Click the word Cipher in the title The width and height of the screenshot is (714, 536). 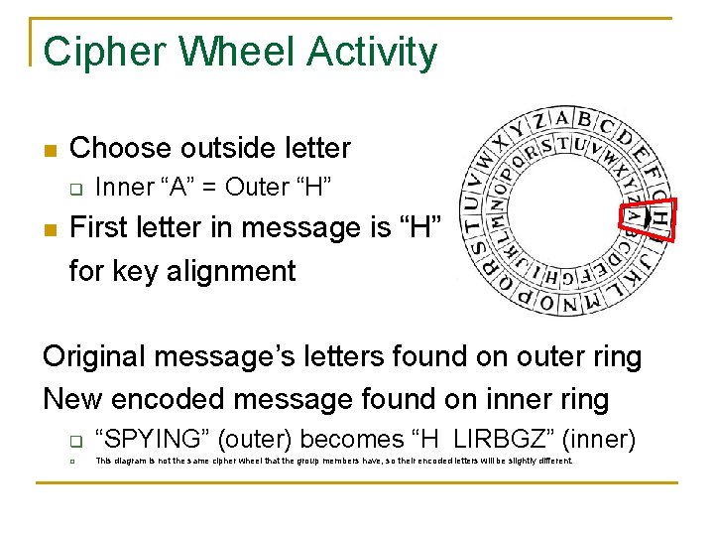(94, 52)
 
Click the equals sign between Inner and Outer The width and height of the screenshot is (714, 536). (207, 187)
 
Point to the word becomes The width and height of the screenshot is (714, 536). (337, 437)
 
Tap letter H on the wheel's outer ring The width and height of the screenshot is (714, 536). (658, 216)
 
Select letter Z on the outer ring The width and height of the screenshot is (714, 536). (539, 123)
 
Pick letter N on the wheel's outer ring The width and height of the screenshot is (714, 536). (569, 305)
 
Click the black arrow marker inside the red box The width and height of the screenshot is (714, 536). (647, 217)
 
